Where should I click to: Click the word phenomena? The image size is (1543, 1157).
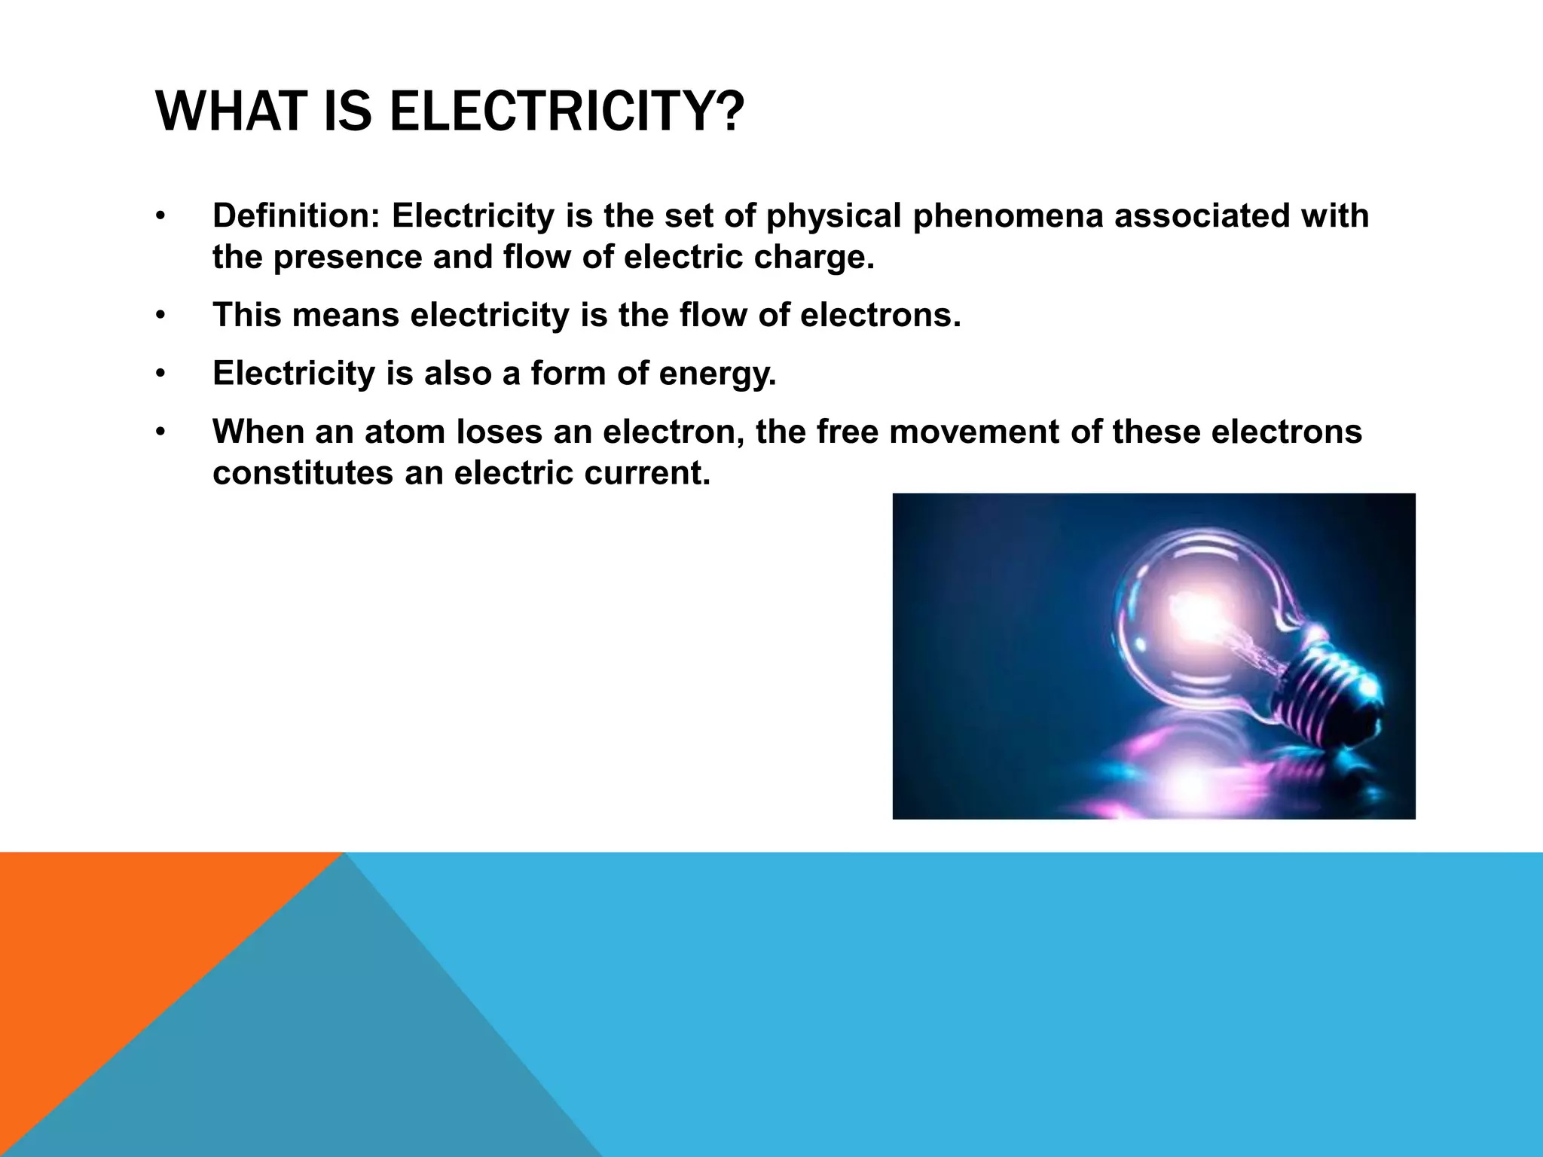[x=1007, y=216]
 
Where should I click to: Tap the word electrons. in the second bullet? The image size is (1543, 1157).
[x=880, y=316]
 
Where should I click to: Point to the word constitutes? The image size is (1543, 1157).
[x=302, y=474]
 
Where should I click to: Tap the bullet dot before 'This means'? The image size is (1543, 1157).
[x=160, y=316]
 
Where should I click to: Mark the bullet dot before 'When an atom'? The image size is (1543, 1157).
[x=160, y=433]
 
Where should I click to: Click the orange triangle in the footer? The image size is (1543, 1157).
[x=113, y=942]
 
